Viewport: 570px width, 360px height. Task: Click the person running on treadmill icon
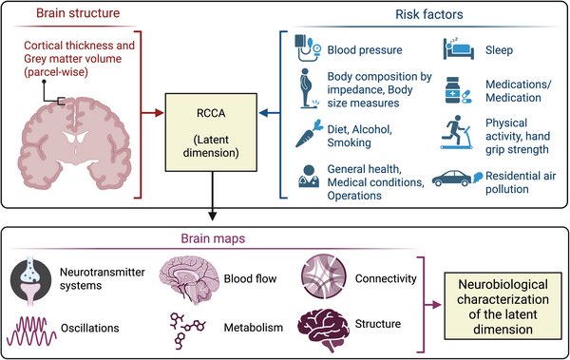click(452, 135)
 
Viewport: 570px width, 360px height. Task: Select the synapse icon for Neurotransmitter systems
click(32, 278)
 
